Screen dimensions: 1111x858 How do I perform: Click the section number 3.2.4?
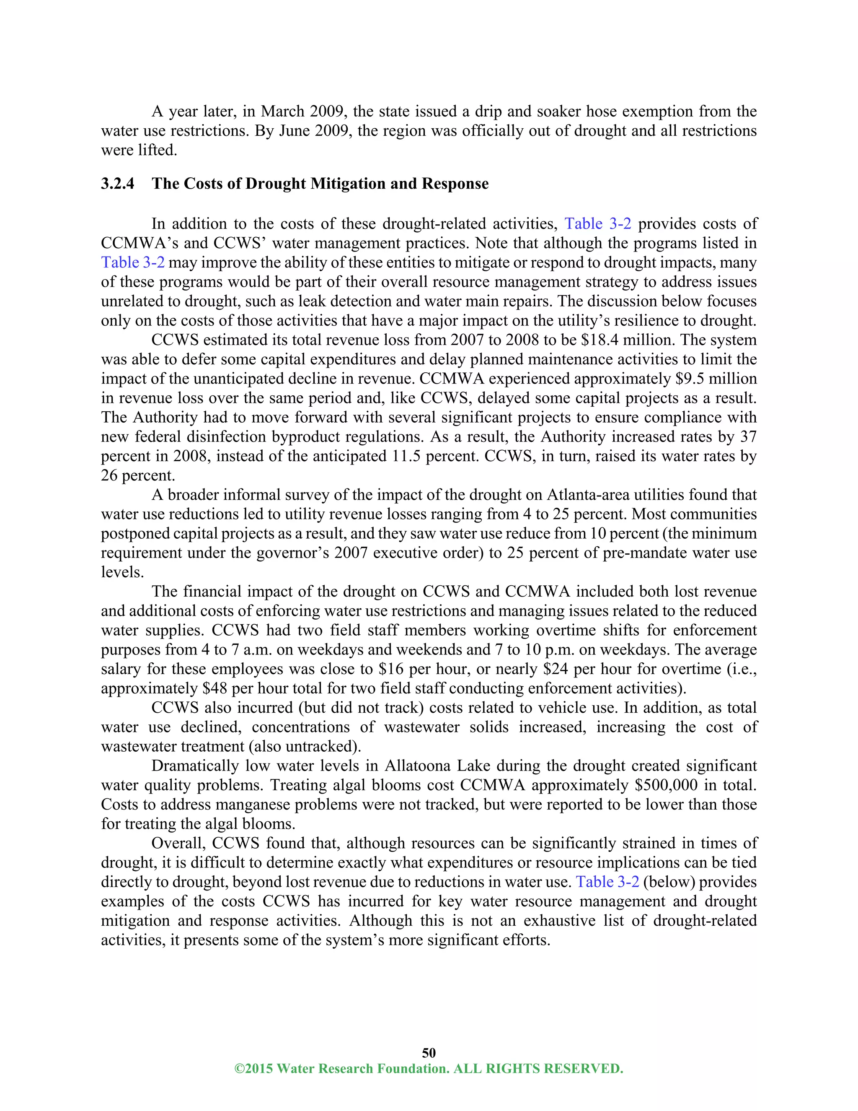point(117,184)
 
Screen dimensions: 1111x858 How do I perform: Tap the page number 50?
point(429,1052)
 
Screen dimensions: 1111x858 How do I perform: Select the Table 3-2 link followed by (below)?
point(607,882)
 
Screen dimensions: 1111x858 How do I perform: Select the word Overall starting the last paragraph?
point(178,843)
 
